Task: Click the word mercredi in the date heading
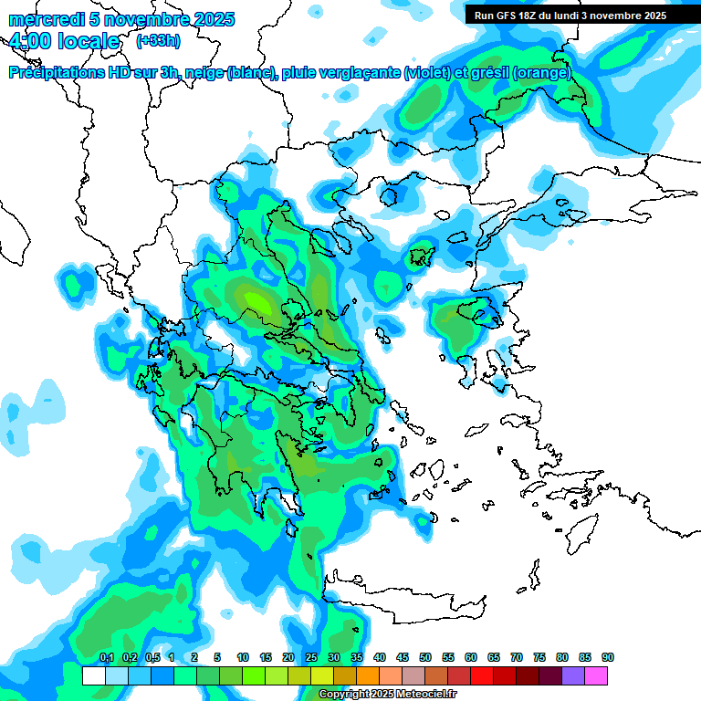(x=42, y=19)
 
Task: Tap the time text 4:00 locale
(x=64, y=42)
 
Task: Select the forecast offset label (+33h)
(x=157, y=41)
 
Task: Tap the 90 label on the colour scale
(x=608, y=657)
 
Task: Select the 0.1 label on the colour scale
(x=106, y=657)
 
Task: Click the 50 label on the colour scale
(x=425, y=657)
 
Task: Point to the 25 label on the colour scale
(x=311, y=657)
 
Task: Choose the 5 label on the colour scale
(x=217, y=657)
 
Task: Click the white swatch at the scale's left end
(x=93, y=675)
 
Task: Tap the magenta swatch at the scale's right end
(x=596, y=675)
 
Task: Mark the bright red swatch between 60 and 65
(x=482, y=675)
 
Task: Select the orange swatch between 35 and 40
(x=368, y=675)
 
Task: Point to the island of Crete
(x=411, y=589)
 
